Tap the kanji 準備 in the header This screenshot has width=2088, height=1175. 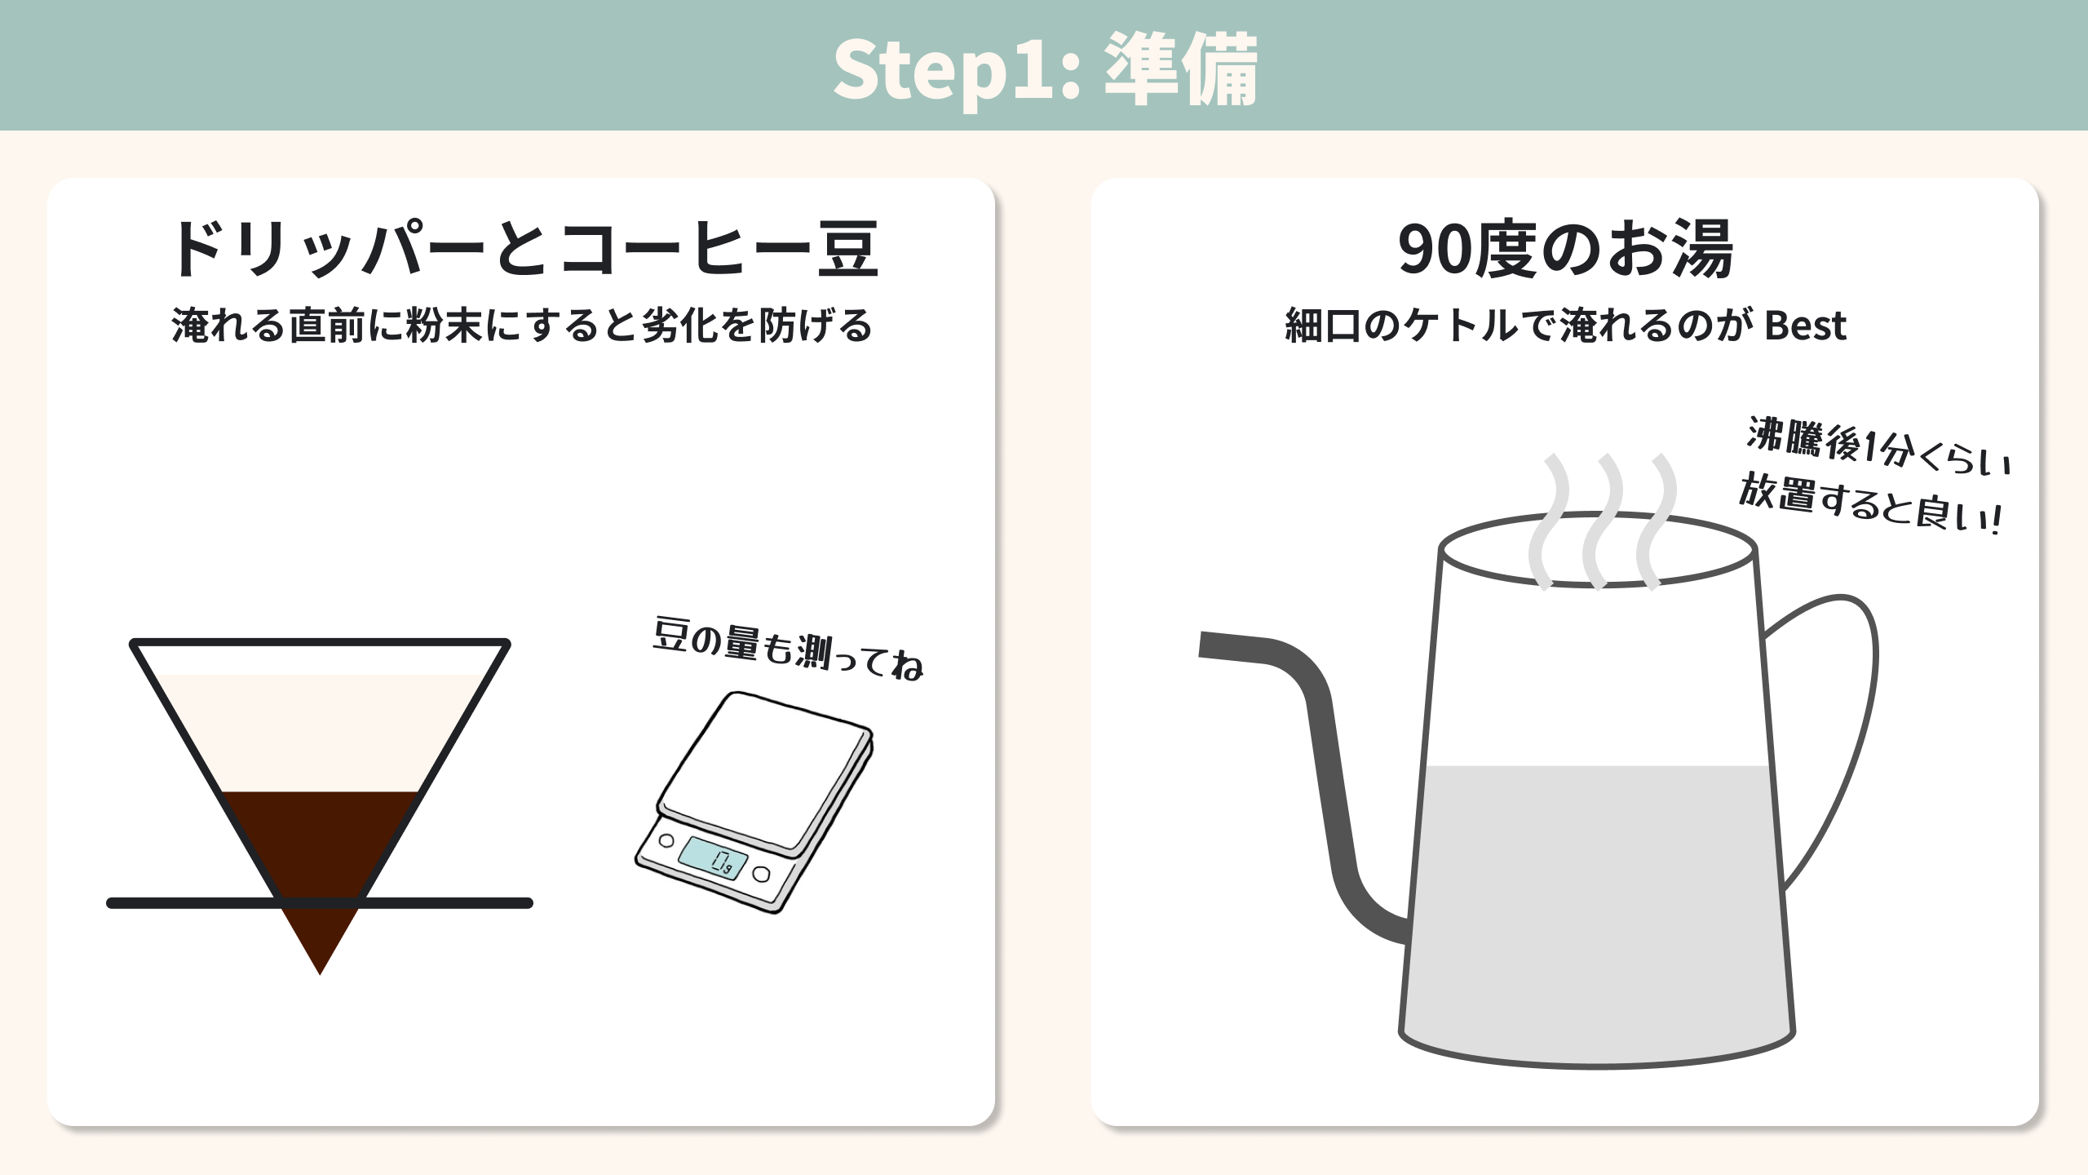tap(1180, 70)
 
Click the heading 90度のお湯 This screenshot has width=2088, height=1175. tap(1565, 249)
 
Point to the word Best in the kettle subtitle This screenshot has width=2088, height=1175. tap(1805, 326)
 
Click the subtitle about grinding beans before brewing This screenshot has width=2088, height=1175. tap(522, 325)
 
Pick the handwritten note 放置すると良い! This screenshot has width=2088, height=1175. tap(1869, 504)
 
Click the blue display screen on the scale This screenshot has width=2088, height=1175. tap(713, 858)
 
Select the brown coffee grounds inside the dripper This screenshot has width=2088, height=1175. tap(321, 865)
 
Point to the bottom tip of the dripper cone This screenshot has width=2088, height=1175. tap(321, 974)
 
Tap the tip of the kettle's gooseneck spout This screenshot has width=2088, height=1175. tap(1201, 644)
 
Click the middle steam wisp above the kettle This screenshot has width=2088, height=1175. tap(1601, 521)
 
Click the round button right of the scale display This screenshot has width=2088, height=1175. tap(762, 875)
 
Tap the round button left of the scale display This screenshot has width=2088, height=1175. tap(666, 840)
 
